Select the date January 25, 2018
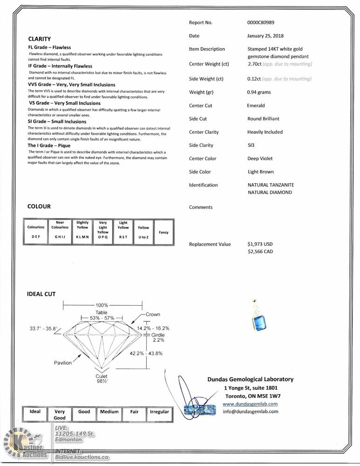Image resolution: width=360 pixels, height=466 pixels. (265, 35)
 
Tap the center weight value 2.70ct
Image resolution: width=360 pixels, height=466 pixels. (255, 64)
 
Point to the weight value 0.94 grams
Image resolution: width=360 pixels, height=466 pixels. (259, 92)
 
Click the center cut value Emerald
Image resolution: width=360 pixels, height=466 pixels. (256, 105)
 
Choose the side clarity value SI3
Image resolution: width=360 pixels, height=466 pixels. (251, 145)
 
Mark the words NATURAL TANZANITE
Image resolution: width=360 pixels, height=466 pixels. (271, 185)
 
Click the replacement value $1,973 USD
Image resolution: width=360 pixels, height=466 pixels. (260, 244)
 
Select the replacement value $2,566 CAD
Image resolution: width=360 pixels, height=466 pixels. (260, 252)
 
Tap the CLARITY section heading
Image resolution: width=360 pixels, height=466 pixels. (40, 39)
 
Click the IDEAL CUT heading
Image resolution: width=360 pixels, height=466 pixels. (41, 294)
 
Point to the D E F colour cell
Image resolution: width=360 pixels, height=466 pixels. (36, 237)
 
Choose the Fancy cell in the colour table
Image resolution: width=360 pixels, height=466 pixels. (163, 232)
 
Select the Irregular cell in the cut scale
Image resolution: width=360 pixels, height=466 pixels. (159, 412)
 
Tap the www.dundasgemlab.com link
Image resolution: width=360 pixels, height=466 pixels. (250, 404)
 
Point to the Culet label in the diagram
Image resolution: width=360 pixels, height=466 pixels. (102, 376)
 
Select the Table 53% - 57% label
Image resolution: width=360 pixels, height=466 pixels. (102, 315)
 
